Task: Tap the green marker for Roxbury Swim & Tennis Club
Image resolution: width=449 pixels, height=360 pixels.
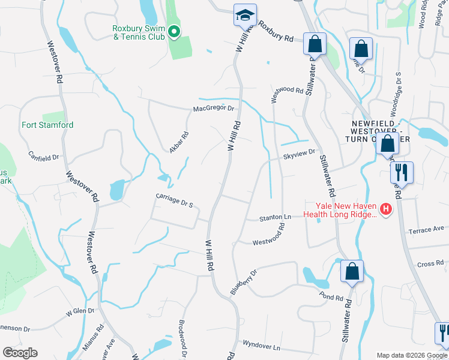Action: (174, 31)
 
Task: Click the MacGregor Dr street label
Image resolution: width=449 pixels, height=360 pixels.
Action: (213, 109)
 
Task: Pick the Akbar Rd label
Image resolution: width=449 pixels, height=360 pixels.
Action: (179, 142)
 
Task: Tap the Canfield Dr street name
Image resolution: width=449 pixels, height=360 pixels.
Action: (44, 157)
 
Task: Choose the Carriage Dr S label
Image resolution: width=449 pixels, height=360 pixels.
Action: (174, 200)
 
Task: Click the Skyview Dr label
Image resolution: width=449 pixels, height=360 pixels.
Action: (300, 154)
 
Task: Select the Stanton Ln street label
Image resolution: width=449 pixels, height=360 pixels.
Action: (275, 217)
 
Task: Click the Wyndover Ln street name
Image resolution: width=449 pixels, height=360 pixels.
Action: (261, 347)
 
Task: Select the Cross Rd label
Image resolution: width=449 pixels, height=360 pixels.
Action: (430, 263)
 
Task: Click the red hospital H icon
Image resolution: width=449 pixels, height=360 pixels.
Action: (386, 209)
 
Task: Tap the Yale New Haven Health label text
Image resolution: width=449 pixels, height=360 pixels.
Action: (340, 209)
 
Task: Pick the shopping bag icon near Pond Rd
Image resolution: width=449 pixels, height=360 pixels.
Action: (352, 271)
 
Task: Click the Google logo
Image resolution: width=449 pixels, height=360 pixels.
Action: (20, 352)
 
